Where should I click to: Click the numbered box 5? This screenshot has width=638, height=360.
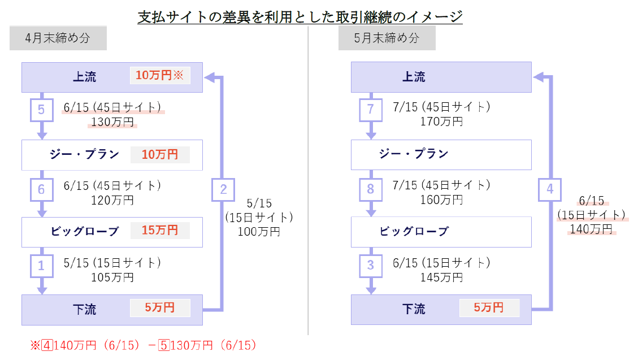[41, 110]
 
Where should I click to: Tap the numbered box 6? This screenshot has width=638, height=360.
[41, 190]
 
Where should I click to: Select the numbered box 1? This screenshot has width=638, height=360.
[41, 266]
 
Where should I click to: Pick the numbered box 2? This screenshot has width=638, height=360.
[223, 190]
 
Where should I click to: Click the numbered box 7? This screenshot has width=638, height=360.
[371, 110]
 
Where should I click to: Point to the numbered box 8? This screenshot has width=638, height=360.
[371, 190]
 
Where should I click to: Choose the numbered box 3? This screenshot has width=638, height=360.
[371, 266]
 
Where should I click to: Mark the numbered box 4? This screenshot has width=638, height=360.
[550, 190]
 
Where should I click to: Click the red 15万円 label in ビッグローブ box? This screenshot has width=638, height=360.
[160, 231]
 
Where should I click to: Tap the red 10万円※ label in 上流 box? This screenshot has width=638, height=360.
[160, 76]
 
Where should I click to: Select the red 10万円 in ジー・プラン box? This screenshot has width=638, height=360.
[160, 154]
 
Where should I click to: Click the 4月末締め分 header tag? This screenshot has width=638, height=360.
[58, 38]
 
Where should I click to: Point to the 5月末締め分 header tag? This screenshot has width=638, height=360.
[387, 38]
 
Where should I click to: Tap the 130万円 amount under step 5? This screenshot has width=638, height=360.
[112, 122]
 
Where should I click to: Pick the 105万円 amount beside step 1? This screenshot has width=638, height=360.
[112, 277]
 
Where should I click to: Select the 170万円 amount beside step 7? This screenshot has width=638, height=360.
[441, 121]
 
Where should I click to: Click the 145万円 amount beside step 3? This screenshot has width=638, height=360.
[441, 277]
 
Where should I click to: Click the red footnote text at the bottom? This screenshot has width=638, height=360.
[144, 345]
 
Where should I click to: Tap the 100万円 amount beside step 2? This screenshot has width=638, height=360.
[259, 231]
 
